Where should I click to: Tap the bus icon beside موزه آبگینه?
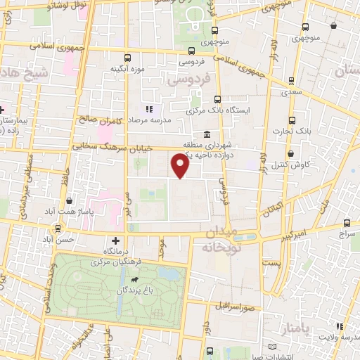pos(127,58)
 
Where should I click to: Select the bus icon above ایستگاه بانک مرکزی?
pos(217,99)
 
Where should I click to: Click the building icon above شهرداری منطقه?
pos(206,135)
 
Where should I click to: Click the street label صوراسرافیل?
pos(235,307)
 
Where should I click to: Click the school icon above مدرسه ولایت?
pos(340,326)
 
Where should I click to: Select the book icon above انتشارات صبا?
pos(274,347)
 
